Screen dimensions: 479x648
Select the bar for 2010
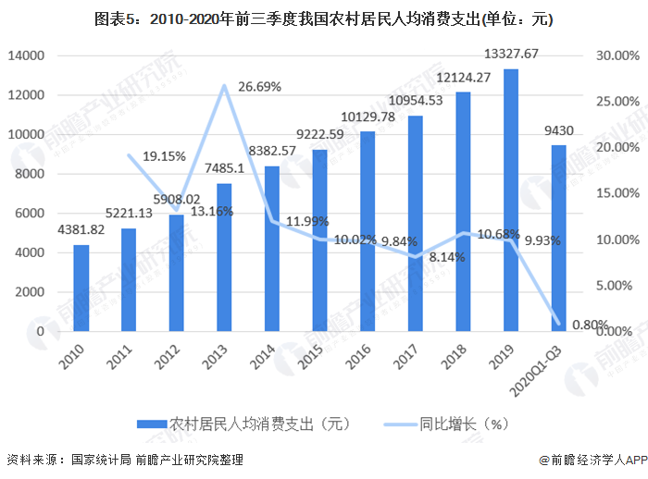pyautogui.click(x=81, y=288)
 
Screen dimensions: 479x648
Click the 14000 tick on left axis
pyautogui.click(x=27, y=55)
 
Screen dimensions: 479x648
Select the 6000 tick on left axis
pyautogui.click(x=31, y=213)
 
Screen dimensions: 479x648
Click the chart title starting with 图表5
pyautogui.click(x=323, y=18)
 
